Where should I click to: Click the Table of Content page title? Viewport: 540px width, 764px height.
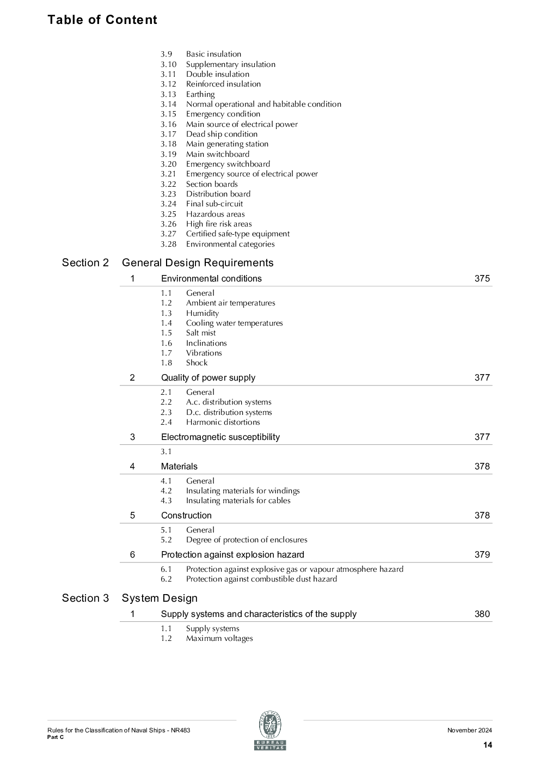(x=102, y=20)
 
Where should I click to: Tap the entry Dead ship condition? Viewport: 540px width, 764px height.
(x=222, y=134)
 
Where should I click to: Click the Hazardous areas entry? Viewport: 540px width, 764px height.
(x=215, y=214)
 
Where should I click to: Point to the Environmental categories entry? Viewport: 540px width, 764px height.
(x=230, y=244)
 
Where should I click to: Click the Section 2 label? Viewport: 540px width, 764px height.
(x=85, y=263)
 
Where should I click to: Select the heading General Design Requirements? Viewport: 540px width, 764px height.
(x=198, y=263)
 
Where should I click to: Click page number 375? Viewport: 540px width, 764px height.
(x=482, y=279)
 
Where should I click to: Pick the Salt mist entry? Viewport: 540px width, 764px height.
(x=200, y=333)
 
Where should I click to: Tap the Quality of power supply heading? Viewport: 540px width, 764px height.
(x=208, y=378)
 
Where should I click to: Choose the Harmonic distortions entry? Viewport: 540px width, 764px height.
(x=223, y=422)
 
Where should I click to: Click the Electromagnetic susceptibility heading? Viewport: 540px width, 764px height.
(x=220, y=437)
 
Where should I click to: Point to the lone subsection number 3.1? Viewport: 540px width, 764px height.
(x=166, y=451)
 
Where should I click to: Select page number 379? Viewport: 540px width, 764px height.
(x=482, y=555)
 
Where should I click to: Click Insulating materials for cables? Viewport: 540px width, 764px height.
(x=238, y=500)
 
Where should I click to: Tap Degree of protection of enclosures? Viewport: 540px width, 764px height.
(x=247, y=540)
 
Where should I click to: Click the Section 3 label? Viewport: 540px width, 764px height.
(x=85, y=598)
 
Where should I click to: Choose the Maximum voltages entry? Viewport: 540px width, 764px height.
(x=219, y=638)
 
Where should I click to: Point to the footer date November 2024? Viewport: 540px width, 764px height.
(x=469, y=731)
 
